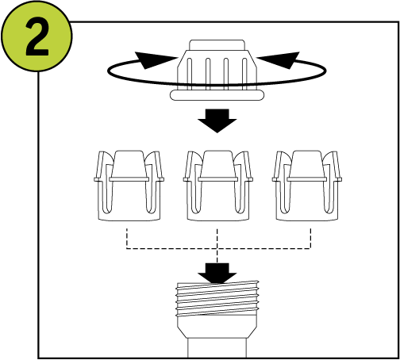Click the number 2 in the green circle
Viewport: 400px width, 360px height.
pos(37,36)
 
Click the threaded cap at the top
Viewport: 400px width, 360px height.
pos(217,70)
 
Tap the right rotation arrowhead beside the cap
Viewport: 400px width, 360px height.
pos(279,60)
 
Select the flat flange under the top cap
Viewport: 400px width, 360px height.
pos(217,95)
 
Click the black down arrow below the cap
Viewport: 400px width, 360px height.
pos(217,121)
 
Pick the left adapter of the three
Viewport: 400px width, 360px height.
pos(129,186)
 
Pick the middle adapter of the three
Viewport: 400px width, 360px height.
pos(218,186)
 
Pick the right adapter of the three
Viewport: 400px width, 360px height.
pos(307,186)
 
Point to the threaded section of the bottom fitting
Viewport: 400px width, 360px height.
pos(217,299)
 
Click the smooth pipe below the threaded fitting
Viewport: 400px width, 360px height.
pos(217,348)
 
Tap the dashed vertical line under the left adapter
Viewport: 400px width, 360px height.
pos(127,239)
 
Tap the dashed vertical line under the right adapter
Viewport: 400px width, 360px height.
pos(310,239)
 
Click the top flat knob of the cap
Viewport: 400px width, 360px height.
pos(217,45)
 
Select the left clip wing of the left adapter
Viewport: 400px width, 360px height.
pos(102,165)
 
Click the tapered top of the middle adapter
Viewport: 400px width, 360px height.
pos(218,164)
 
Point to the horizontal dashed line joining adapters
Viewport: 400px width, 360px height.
pos(218,248)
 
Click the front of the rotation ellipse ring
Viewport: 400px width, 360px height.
pos(217,85)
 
